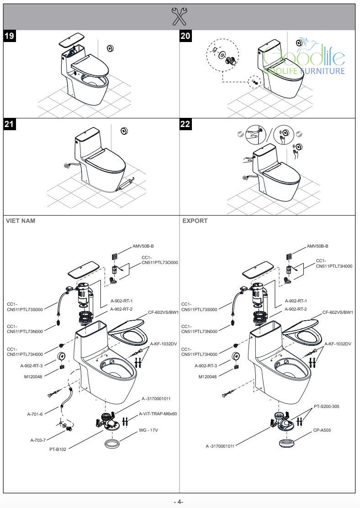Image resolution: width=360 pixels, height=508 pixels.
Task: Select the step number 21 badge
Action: pos(10,124)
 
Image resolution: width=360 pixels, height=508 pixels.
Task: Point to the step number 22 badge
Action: pos(186,124)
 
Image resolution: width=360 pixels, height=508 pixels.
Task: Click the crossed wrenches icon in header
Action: pos(180,16)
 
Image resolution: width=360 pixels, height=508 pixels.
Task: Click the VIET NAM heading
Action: pos(20,221)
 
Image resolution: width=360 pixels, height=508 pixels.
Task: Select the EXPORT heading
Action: pos(195,221)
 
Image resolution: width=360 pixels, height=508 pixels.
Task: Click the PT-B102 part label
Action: pos(58,449)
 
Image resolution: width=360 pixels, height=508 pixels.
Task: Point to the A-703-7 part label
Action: pos(39,440)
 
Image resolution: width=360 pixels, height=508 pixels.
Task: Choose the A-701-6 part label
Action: pos(35,414)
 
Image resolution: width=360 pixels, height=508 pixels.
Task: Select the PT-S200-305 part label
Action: pos(326,406)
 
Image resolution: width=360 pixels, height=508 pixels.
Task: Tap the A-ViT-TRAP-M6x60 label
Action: pos(158,413)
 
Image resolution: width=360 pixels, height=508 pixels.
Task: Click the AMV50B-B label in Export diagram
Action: pos(317,246)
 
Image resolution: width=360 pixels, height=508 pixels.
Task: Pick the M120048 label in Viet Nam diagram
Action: pos(33,377)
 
